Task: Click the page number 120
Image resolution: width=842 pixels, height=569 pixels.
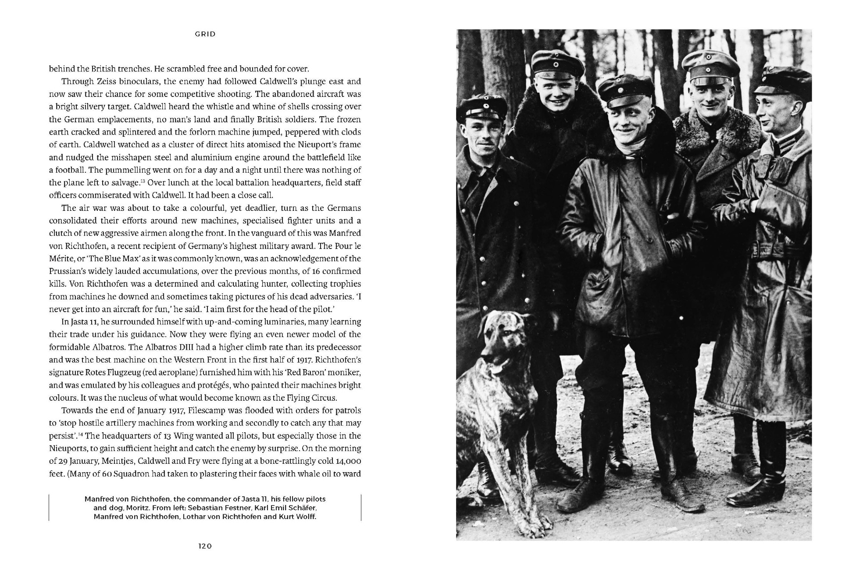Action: [x=205, y=546]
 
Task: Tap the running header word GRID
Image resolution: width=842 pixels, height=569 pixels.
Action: [x=205, y=34]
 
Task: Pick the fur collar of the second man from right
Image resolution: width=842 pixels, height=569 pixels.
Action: [x=719, y=127]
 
